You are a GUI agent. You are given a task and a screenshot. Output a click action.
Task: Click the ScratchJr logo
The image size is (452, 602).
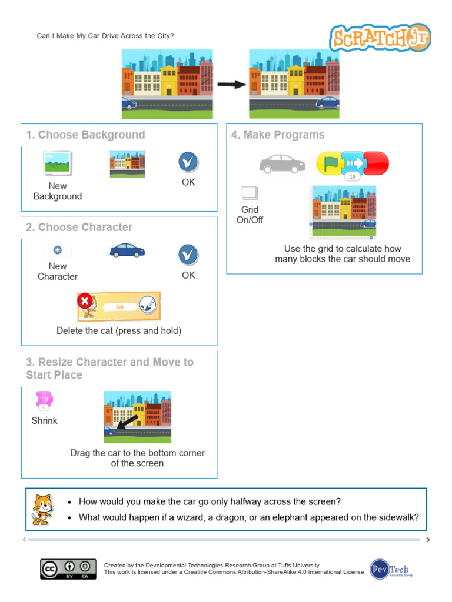(380, 38)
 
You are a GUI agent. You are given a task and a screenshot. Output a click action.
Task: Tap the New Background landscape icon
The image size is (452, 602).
(58, 163)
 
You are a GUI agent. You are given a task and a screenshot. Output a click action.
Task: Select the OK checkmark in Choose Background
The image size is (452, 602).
(188, 162)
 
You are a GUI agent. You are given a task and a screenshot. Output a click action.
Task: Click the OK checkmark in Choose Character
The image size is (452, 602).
(188, 255)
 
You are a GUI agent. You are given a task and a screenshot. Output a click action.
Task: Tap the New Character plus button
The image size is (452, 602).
(58, 249)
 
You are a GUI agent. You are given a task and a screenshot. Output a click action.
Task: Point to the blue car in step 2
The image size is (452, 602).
(127, 250)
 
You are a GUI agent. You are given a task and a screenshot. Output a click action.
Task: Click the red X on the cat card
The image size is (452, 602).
(85, 302)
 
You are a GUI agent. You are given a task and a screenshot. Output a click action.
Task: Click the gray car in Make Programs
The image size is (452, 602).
(282, 163)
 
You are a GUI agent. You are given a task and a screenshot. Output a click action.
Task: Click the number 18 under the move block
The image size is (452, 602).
(353, 176)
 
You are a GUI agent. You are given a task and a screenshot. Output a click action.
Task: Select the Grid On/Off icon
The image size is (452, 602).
(250, 193)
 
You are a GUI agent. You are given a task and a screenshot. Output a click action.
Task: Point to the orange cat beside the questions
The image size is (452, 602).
(42, 509)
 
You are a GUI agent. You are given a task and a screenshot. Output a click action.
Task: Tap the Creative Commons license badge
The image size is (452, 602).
(68, 569)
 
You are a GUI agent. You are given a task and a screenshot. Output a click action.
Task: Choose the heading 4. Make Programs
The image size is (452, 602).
(278, 135)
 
